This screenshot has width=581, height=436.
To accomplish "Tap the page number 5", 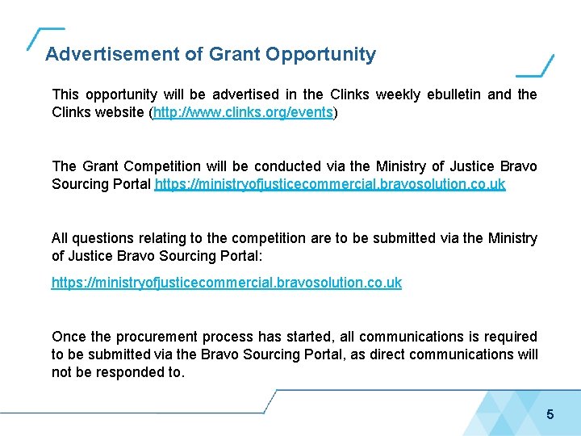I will pos(550,415).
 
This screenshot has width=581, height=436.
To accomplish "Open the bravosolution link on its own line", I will pos(227,283).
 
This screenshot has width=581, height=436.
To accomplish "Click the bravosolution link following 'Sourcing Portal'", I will pos(330,184).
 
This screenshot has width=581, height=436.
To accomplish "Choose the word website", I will pos(119,113).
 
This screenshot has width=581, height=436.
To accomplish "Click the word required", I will pos(509,337).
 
